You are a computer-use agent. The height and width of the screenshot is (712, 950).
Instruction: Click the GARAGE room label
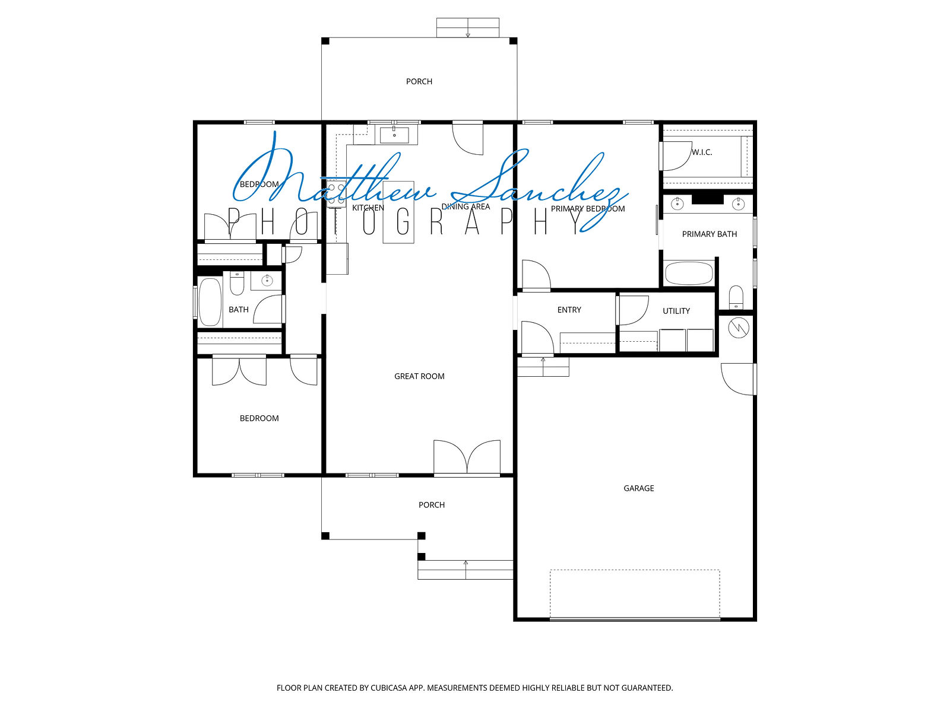pyautogui.click(x=638, y=488)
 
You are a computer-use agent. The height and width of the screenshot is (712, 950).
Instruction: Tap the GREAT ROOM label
pyautogui.click(x=419, y=376)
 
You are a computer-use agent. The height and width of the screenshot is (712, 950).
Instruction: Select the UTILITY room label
pyautogui.click(x=676, y=311)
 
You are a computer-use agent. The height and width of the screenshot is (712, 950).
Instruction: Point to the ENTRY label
pyautogui.click(x=569, y=310)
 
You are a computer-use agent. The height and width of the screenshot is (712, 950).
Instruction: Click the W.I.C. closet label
pyautogui.click(x=702, y=152)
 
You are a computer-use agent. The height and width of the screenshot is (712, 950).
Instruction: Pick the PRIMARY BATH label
pyautogui.click(x=710, y=234)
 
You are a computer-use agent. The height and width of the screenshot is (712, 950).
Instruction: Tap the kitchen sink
pyautogui.click(x=394, y=135)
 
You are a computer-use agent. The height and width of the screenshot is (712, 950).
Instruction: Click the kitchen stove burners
pyautogui.click(x=336, y=193)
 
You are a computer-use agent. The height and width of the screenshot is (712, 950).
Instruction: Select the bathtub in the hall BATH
pyautogui.click(x=210, y=301)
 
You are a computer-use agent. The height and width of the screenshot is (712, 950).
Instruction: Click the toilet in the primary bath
pyautogui.click(x=736, y=297)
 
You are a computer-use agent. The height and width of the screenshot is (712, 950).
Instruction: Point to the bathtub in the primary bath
pyautogui.click(x=689, y=273)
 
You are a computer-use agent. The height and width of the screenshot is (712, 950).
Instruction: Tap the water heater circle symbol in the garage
pyautogui.click(x=739, y=328)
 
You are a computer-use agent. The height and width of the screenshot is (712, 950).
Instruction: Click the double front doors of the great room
pyautogui.click(x=467, y=457)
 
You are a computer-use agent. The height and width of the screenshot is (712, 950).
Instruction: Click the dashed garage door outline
pyautogui.click(x=635, y=595)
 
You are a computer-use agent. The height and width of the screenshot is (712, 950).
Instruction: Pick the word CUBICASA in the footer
pyautogui.click(x=389, y=687)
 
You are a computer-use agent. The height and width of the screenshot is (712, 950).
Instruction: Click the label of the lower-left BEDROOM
pyautogui.click(x=259, y=418)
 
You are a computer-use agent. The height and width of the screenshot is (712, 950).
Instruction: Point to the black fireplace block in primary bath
pyautogui.click(x=708, y=199)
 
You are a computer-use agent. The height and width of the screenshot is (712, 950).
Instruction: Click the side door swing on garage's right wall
pyautogui.click(x=739, y=379)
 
